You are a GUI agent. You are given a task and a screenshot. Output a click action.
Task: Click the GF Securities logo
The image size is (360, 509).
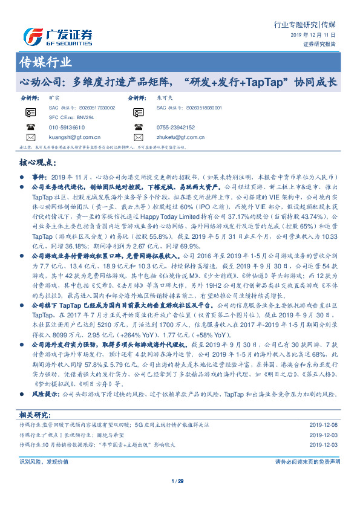tap(58, 37)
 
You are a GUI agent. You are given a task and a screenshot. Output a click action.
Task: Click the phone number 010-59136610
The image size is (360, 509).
tap(67, 128)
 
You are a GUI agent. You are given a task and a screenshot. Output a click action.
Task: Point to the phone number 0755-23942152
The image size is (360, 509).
tap(175, 128)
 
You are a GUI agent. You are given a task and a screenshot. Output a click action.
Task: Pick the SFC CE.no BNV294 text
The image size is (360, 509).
tap(69, 117)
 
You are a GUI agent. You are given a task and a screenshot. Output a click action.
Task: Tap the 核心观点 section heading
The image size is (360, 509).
tap(38, 163)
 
